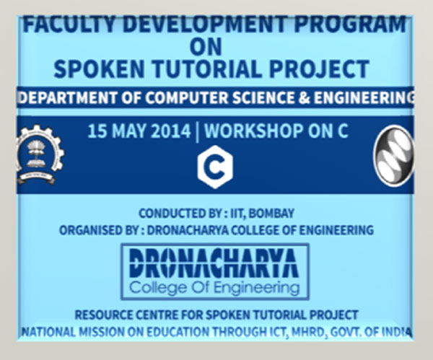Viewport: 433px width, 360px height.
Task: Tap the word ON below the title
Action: click(206, 47)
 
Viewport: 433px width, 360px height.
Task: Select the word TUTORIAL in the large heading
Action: click(207, 69)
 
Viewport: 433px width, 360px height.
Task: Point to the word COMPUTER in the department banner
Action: click(187, 97)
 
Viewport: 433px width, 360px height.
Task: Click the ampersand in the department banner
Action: click(304, 97)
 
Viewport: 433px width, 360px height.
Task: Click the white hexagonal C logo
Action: click(215, 167)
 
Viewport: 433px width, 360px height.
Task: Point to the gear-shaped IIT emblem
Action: click(40, 154)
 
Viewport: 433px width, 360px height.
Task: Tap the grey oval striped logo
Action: click(394, 155)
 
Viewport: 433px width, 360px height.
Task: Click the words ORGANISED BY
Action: click(99, 230)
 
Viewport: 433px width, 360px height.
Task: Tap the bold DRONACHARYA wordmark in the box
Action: click(214, 263)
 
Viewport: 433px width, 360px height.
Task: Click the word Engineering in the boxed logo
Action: click(256, 289)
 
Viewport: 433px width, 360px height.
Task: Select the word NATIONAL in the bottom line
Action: click(48, 332)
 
